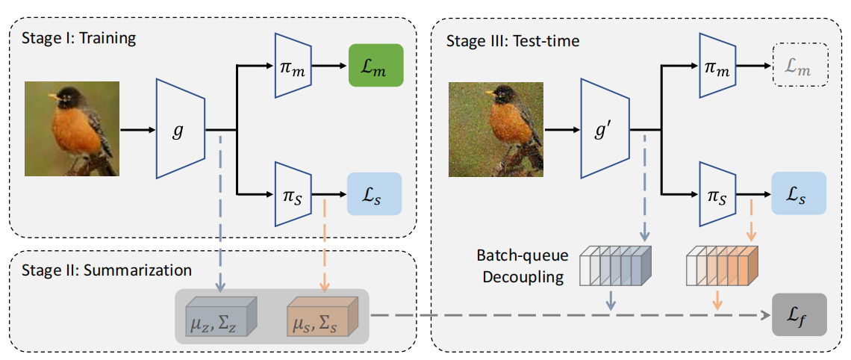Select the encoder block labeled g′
[605, 129]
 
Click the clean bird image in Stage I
[72, 128]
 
